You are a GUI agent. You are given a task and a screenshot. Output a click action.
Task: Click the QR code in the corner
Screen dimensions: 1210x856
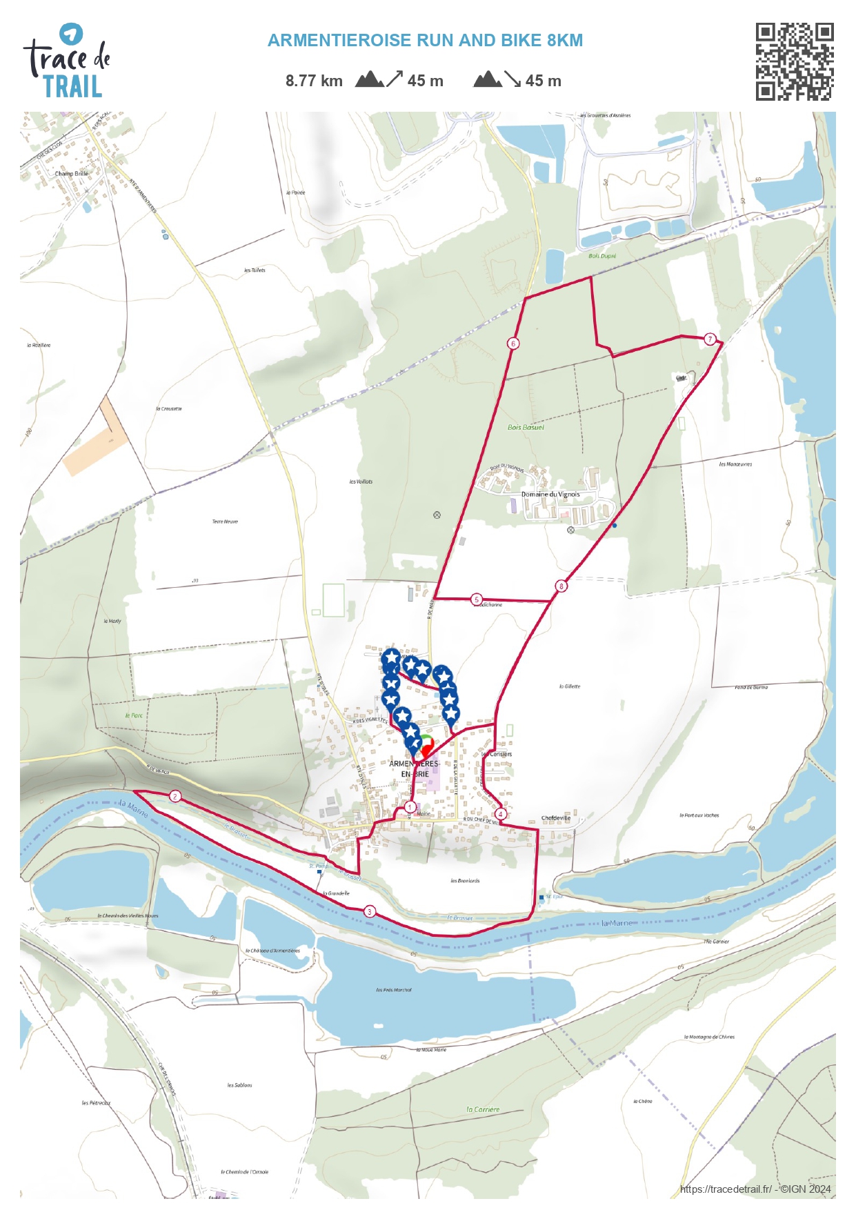[x=794, y=61]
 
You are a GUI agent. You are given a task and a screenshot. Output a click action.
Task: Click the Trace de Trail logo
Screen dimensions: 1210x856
[x=67, y=61]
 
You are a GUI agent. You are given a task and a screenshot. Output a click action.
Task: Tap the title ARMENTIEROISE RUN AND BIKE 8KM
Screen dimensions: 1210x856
[x=425, y=41]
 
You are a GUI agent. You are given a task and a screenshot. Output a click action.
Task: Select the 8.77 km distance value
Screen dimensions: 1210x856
[x=314, y=81]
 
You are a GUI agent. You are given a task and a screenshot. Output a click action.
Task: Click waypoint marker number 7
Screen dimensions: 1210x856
[x=710, y=339]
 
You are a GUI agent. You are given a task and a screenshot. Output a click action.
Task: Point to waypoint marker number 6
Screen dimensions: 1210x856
[x=512, y=343]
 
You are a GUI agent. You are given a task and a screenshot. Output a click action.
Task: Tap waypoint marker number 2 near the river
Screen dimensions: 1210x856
[x=175, y=796]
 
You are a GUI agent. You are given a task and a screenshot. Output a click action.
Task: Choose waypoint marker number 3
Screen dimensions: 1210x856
[x=370, y=911]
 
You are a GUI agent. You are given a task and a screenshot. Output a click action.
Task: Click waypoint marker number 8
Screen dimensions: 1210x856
[x=561, y=586]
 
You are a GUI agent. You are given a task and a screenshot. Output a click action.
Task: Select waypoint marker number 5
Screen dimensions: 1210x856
[x=477, y=599]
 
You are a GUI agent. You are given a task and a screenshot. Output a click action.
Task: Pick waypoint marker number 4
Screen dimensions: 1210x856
[x=500, y=814]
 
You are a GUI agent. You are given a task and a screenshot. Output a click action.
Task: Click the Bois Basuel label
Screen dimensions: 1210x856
[x=526, y=428]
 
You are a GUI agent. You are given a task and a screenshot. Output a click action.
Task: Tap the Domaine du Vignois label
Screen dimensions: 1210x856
[x=550, y=495]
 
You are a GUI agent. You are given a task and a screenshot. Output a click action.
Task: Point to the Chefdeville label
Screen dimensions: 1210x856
[x=555, y=818]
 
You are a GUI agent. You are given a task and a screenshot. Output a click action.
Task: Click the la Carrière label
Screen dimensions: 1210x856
[x=483, y=1109]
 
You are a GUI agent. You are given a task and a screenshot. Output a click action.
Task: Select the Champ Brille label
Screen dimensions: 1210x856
[x=72, y=174]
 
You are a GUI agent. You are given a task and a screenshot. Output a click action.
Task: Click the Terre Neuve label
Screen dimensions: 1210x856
[x=225, y=522]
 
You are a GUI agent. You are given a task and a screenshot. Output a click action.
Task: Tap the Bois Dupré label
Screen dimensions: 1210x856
[x=602, y=256]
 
